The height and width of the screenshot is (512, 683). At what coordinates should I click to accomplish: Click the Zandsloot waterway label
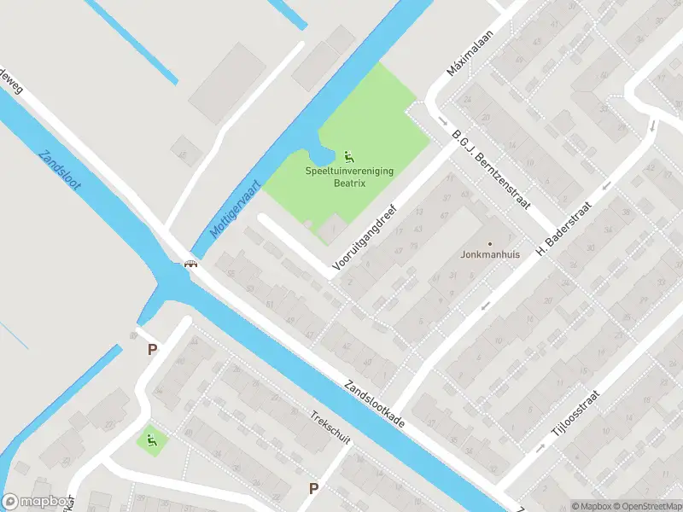pos(60,171)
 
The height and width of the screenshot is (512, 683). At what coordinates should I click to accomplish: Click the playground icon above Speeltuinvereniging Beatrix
pos(348,156)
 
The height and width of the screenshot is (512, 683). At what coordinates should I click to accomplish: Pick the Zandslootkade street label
pos(376,404)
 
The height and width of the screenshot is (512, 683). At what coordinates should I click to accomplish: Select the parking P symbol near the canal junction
pos(152,349)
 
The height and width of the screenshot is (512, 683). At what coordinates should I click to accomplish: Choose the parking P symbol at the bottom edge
pos(313,489)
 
